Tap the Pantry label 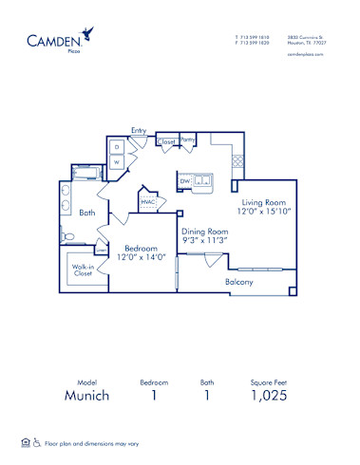coord(188,139)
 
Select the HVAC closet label coord(148,201)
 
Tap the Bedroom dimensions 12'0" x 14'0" coord(141,256)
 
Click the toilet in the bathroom coord(69,235)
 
